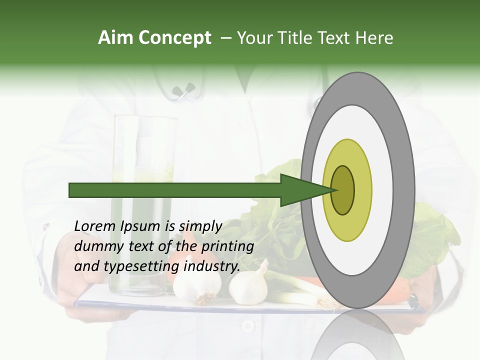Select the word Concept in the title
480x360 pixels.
coord(175,38)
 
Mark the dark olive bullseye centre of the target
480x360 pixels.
coord(343,190)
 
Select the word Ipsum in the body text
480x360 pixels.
coord(140,226)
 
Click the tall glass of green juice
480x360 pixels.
coord(145,200)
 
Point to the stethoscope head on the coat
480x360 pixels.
coord(182,91)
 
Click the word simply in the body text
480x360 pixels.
coord(200,226)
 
